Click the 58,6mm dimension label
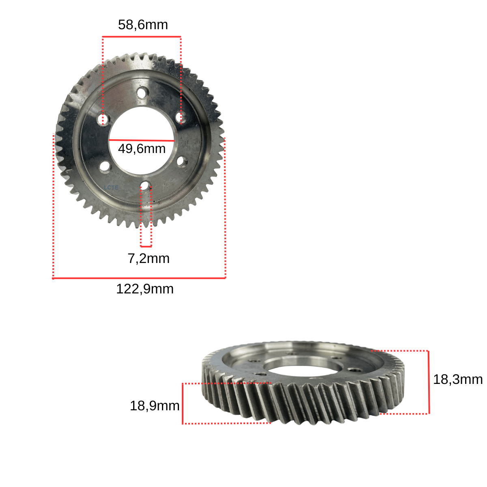[x=143, y=25]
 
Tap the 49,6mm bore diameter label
[x=142, y=149]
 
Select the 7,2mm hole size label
[x=149, y=259]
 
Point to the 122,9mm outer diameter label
[x=145, y=289]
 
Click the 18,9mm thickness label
[x=154, y=406]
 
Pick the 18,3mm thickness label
[x=458, y=379]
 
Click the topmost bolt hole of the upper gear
[x=142, y=93]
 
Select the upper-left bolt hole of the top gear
[x=103, y=119]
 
